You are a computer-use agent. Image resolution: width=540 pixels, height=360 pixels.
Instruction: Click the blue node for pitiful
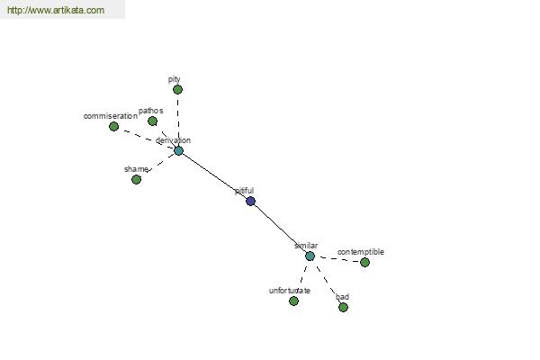click(x=251, y=202)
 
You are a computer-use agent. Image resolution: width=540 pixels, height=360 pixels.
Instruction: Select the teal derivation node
click(x=178, y=150)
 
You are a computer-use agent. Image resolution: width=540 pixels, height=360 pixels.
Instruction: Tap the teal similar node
click(x=310, y=256)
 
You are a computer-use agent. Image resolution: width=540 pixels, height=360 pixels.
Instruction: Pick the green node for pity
click(x=177, y=90)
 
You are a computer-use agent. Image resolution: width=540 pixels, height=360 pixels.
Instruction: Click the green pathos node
click(x=153, y=121)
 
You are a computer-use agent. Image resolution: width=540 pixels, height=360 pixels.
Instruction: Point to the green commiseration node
click(x=114, y=126)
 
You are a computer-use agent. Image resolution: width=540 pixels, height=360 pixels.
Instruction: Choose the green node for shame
click(x=137, y=179)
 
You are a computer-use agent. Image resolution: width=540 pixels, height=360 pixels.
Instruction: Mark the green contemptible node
click(x=365, y=262)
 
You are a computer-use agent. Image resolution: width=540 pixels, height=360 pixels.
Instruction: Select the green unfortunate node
click(x=293, y=301)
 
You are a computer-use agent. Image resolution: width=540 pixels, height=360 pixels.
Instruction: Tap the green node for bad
click(x=344, y=307)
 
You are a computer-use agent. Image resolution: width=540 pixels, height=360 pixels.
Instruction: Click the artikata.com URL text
click(x=56, y=10)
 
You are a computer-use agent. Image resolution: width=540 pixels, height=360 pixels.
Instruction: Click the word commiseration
click(x=110, y=116)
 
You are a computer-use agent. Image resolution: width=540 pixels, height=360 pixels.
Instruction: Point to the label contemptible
click(x=361, y=252)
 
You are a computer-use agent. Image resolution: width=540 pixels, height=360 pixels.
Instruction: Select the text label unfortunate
click(x=290, y=291)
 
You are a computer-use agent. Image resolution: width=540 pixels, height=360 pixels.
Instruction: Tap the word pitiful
click(x=245, y=191)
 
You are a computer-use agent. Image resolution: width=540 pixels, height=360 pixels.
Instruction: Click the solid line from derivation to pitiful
click(x=214, y=175)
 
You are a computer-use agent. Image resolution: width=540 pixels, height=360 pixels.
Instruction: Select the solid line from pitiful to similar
click(x=280, y=229)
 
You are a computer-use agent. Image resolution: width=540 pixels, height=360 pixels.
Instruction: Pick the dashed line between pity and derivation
click(x=178, y=120)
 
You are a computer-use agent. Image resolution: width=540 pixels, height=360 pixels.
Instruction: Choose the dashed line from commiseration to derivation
click(x=147, y=139)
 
